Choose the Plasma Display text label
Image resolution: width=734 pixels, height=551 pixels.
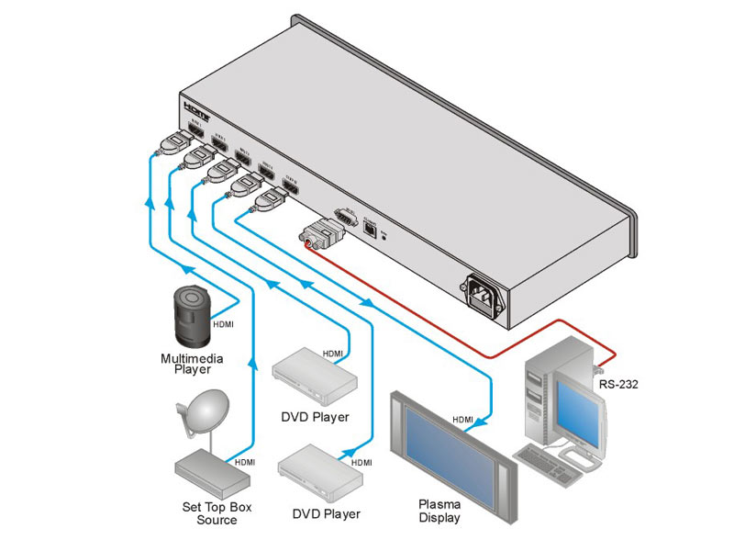(439, 511)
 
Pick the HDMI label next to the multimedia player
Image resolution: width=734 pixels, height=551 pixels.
(224, 324)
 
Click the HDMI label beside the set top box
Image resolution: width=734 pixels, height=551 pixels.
(245, 462)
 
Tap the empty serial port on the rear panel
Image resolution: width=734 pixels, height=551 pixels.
(346, 216)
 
